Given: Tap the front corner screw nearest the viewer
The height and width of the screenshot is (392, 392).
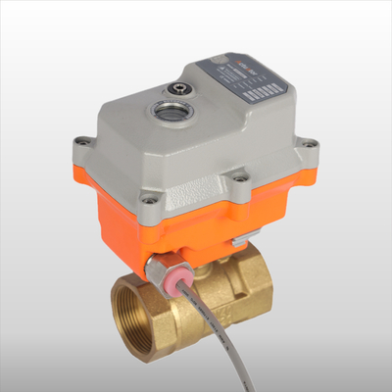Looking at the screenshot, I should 149,199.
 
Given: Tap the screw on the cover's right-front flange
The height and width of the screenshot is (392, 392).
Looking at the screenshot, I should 238,177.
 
